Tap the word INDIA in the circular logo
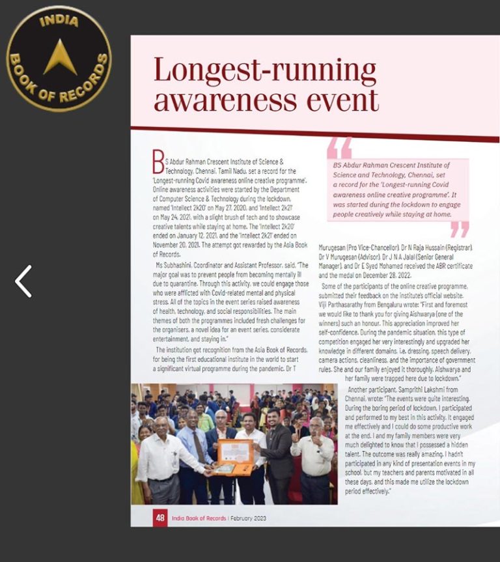click(x=59, y=21)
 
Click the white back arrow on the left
click(x=23, y=281)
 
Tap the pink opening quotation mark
click(x=339, y=148)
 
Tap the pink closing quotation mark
click(x=459, y=229)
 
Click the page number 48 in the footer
click(x=160, y=518)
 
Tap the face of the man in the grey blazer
click(x=274, y=416)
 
